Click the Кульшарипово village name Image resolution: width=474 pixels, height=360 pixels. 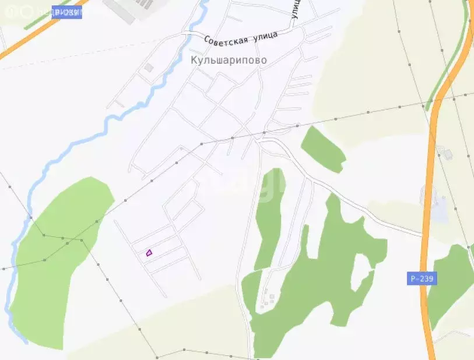pyautogui.click(x=229, y=60)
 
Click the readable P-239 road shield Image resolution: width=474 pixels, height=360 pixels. pyautogui.click(x=422, y=278)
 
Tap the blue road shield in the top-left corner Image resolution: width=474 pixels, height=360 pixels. pyautogui.click(x=66, y=12)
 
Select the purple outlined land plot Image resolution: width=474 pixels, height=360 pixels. pyautogui.click(x=149, y=253)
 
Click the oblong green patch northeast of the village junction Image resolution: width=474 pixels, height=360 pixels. pyautogui.click(x=322, y=149)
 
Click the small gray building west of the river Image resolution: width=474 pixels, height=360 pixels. pyautogui.click(x=149, y=68)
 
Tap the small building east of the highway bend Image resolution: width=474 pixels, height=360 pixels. pyautogui.click(x=448, y=154)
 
